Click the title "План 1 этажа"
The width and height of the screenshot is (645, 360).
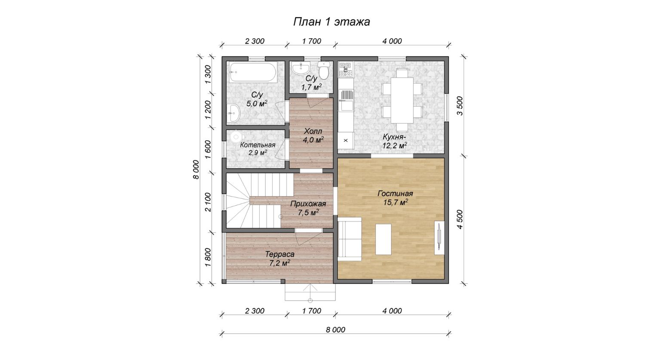332,22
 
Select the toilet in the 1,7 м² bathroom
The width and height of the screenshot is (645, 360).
324,71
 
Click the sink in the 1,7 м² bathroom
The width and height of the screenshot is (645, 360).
301,68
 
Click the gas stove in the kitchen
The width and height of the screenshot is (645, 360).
346,70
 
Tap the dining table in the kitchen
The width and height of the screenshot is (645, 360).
402,100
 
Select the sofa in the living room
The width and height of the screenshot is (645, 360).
350,239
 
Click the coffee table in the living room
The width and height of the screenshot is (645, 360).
384,239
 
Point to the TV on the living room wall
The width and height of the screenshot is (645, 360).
439,237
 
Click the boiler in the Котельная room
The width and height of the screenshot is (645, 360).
237,136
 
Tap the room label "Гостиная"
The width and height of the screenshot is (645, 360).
395,194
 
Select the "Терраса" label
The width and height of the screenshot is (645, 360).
279,254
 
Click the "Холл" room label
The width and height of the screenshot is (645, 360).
313,131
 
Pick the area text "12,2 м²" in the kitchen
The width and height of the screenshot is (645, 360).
394,145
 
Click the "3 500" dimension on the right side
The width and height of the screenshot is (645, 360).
460,106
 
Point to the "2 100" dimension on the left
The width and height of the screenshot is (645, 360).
208,202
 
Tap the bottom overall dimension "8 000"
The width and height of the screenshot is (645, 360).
335,329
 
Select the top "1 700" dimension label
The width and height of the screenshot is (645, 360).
312,41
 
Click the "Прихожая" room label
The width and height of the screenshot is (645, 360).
308,204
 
